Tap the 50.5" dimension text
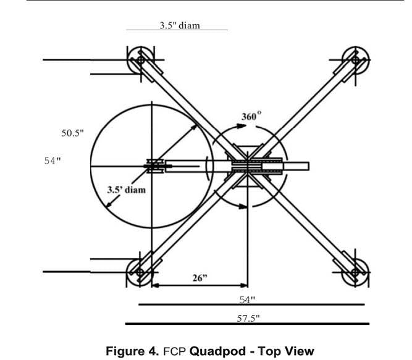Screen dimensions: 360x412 pyautogui.click(x=72, y=133)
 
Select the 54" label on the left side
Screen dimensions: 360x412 pyautogui.click(x=53, y=161)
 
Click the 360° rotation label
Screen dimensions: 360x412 pyautogui.click(x=251, y=115)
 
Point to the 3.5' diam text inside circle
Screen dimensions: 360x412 pyautogui.click(x=127, y=190)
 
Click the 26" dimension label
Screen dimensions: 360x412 pyautogui.click(x=199, y=277)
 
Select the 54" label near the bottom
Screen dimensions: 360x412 pyautogui.click(x=248, y=299)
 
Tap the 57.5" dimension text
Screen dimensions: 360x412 pyautogui.click(x=248, y=318)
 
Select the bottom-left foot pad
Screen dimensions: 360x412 pyautogui.click(x=140, y=272)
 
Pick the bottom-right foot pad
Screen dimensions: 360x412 pyautogui.click(x=355, y=271)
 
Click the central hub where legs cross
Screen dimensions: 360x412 pyautogui.click(x=248, y=165)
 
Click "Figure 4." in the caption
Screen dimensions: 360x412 pyautogui.click(x=133, y=351)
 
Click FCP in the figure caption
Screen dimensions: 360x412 pyautogui.click(x=175, y=351)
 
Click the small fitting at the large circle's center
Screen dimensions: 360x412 pyautogui.click(x=153, y=165)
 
